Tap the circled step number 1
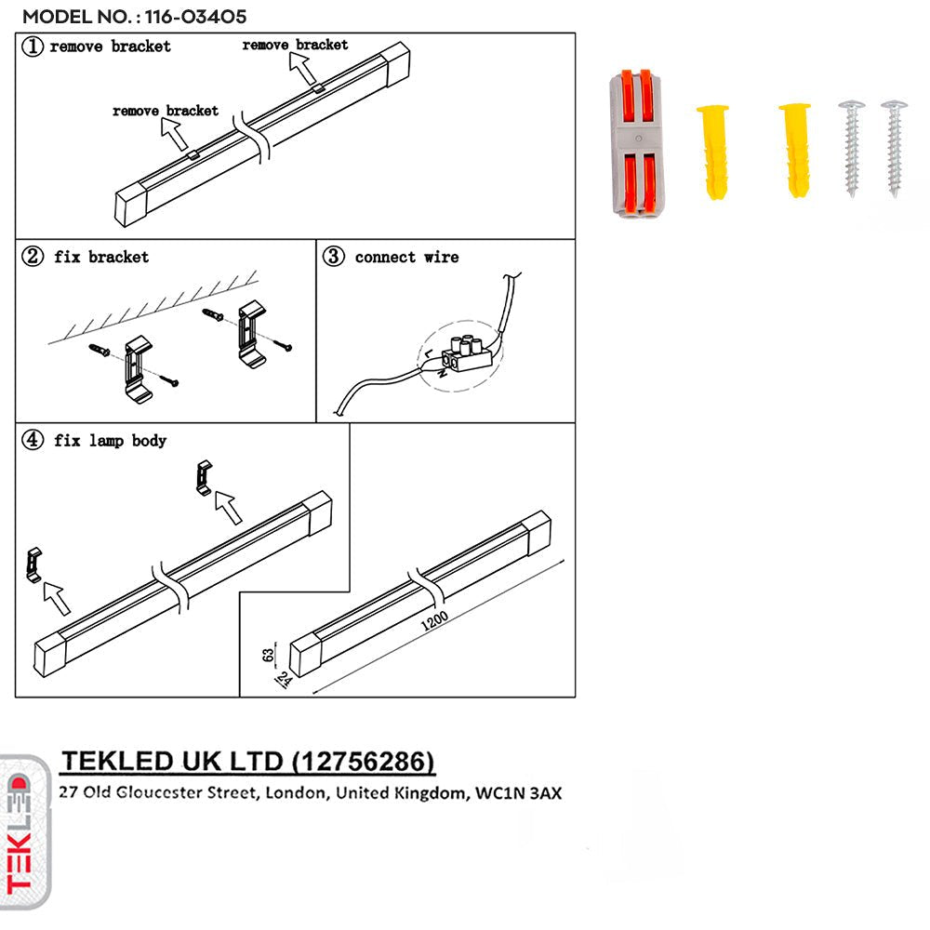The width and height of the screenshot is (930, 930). click(33, 46)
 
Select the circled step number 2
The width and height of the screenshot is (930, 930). click(33, 257)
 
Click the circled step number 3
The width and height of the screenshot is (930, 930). click(333, 257)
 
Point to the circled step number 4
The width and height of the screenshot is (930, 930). click(33, 440)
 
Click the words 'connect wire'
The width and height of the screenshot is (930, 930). click(406, 257)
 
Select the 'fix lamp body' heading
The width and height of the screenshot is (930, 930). click(110, 440)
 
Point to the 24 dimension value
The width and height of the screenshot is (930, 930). click(280, 682)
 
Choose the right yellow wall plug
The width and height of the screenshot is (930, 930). click(795, 150)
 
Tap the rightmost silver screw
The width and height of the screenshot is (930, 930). click(893, 146)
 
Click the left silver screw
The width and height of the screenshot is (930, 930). click(851, 147)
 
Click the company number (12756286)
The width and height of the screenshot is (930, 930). click(363, 763)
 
